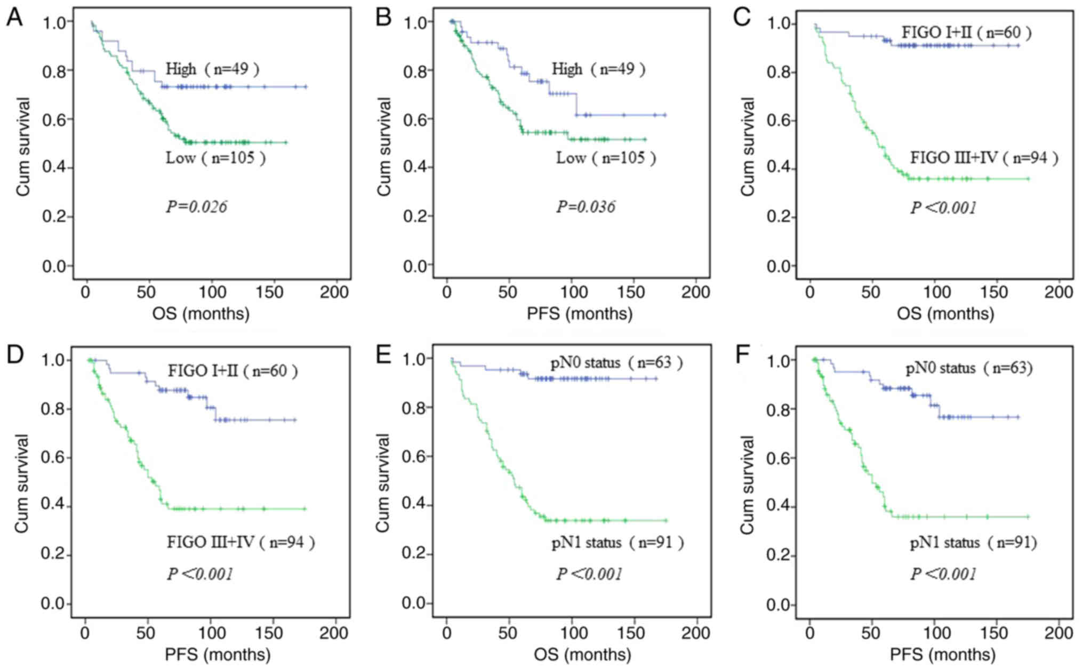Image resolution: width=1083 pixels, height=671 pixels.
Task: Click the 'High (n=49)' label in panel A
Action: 212,69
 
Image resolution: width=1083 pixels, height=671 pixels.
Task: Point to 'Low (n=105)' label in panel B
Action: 606,158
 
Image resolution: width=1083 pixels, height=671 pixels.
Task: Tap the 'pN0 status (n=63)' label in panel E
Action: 616,363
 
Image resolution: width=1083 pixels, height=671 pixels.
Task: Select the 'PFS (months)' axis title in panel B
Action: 580,314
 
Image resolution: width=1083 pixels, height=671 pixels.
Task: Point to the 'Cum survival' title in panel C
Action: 749,147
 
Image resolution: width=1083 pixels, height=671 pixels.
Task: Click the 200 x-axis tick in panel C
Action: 1058,292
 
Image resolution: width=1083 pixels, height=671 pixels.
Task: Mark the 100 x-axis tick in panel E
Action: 572,633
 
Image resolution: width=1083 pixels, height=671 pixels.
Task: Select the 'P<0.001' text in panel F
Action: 943,574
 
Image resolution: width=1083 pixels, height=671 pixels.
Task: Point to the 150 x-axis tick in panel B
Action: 633,292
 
